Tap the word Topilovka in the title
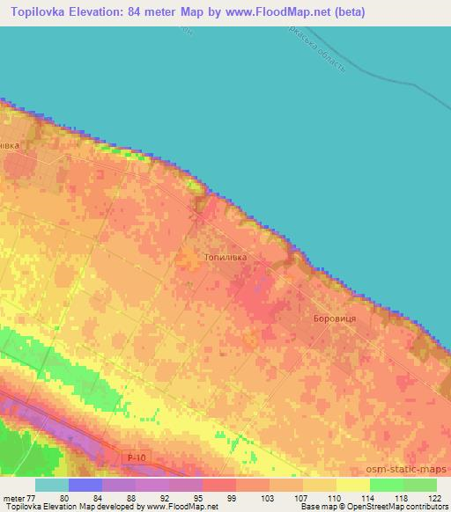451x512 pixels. click(35, 12)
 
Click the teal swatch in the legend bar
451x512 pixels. click(52, 485)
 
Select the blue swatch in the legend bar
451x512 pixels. click(85, 485)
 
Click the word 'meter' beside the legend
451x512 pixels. click(12, 498)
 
